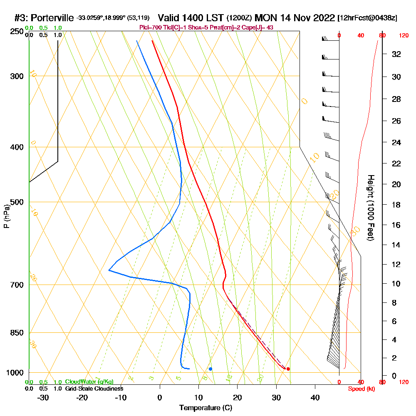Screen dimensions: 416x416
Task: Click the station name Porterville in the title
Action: click(53, 18)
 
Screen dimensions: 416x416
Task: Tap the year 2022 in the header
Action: click(321, 18)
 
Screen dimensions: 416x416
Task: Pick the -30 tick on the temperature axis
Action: click(43, 398)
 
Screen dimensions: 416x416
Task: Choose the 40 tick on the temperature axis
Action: click(315, 398)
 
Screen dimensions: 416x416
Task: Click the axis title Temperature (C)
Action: click(205, 408)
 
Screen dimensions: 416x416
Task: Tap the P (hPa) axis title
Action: click(6, 216)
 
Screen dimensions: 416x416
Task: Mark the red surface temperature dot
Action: click(288, 369)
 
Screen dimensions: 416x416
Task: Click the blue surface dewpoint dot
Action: click(210, 369)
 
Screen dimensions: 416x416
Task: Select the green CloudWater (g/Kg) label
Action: click(89, 382)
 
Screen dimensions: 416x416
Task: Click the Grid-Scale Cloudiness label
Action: click(94, 389)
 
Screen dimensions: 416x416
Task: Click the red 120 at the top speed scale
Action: click(403, 36)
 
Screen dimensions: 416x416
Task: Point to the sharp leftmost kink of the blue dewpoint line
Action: click(109, 270)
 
